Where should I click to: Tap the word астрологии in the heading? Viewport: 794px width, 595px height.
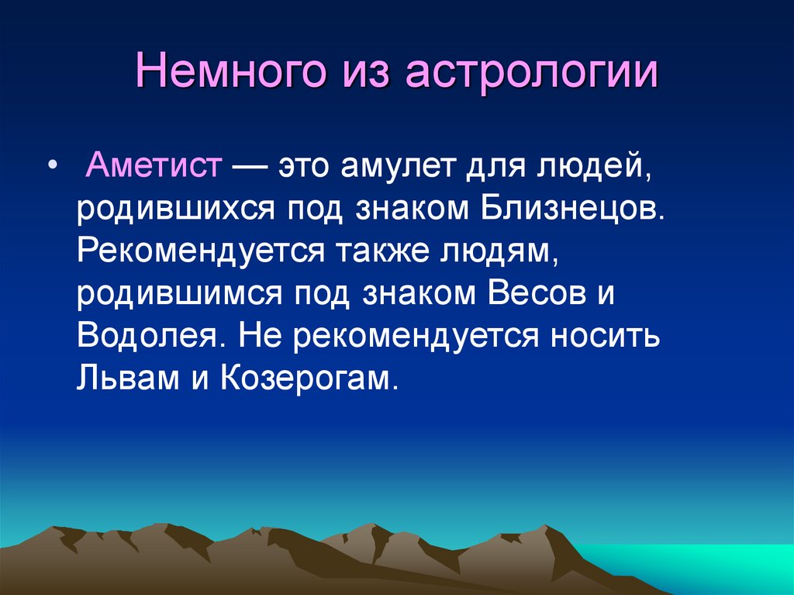(530, 75)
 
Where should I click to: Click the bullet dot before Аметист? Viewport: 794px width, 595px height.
(52, 168)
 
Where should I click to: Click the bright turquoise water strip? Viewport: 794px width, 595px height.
(698, 562)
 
